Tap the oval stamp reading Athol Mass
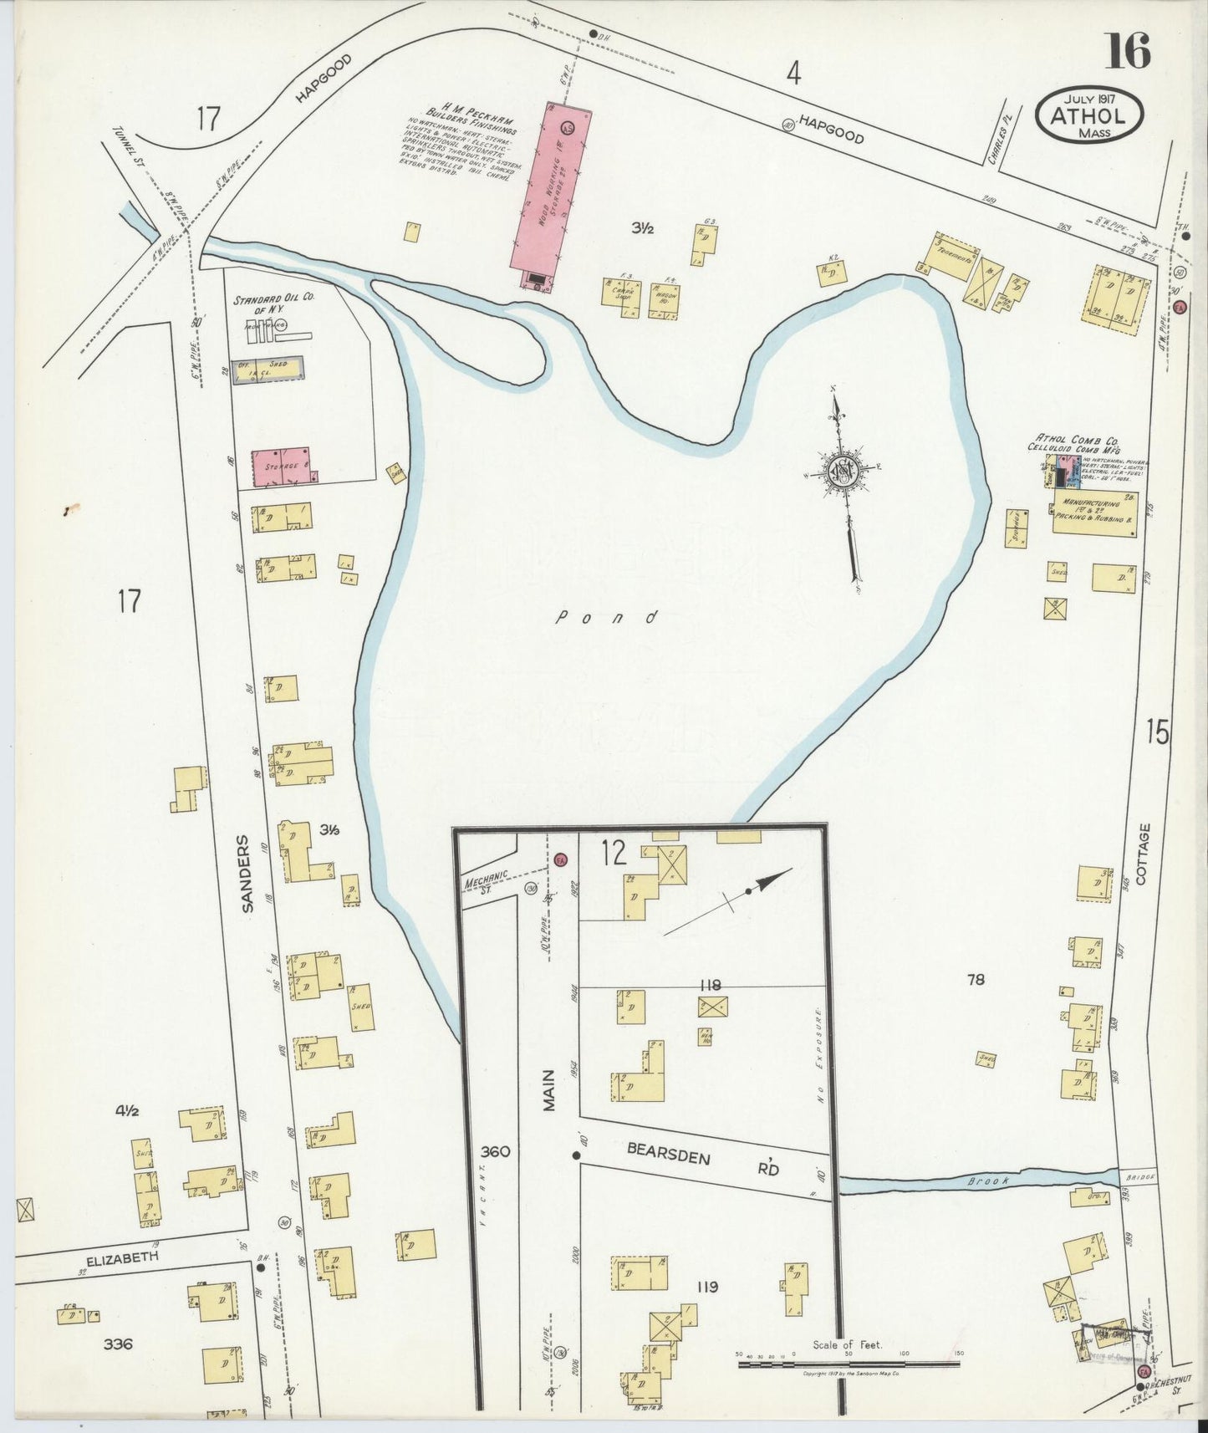pyautogui.click(x=1091, y=115)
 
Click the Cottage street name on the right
pyautogui.click(x=1143, y=854)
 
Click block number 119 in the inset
pyautogui.click(x=707, y=1287)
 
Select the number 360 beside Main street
pyautogui.click(x=495, y=1151)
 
